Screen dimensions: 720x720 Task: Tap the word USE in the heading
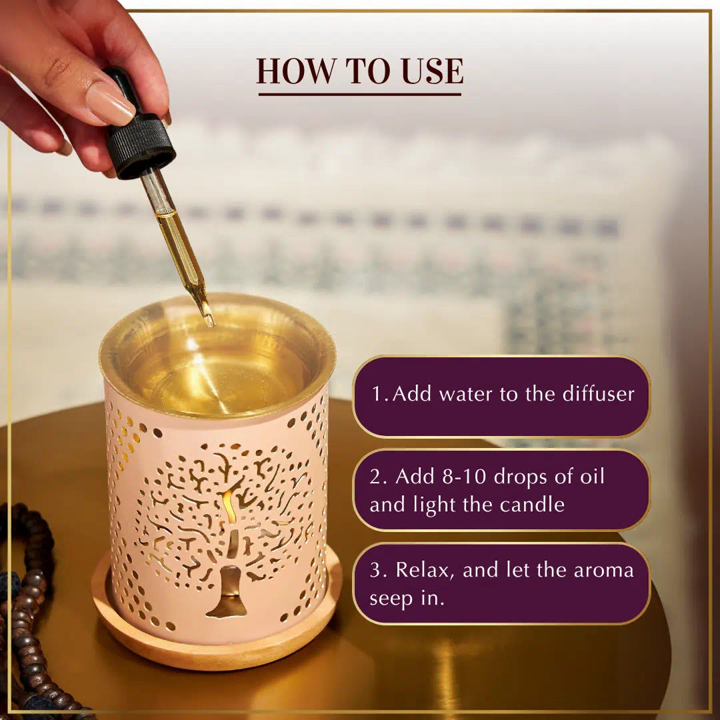(x=431, y=71)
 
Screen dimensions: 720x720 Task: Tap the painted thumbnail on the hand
(x=109, y=103)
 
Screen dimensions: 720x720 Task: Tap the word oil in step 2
(x=589, y=477)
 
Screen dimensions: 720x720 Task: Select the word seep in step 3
(x=390, y=598)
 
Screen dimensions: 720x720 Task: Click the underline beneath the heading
(x=359, y=94)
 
